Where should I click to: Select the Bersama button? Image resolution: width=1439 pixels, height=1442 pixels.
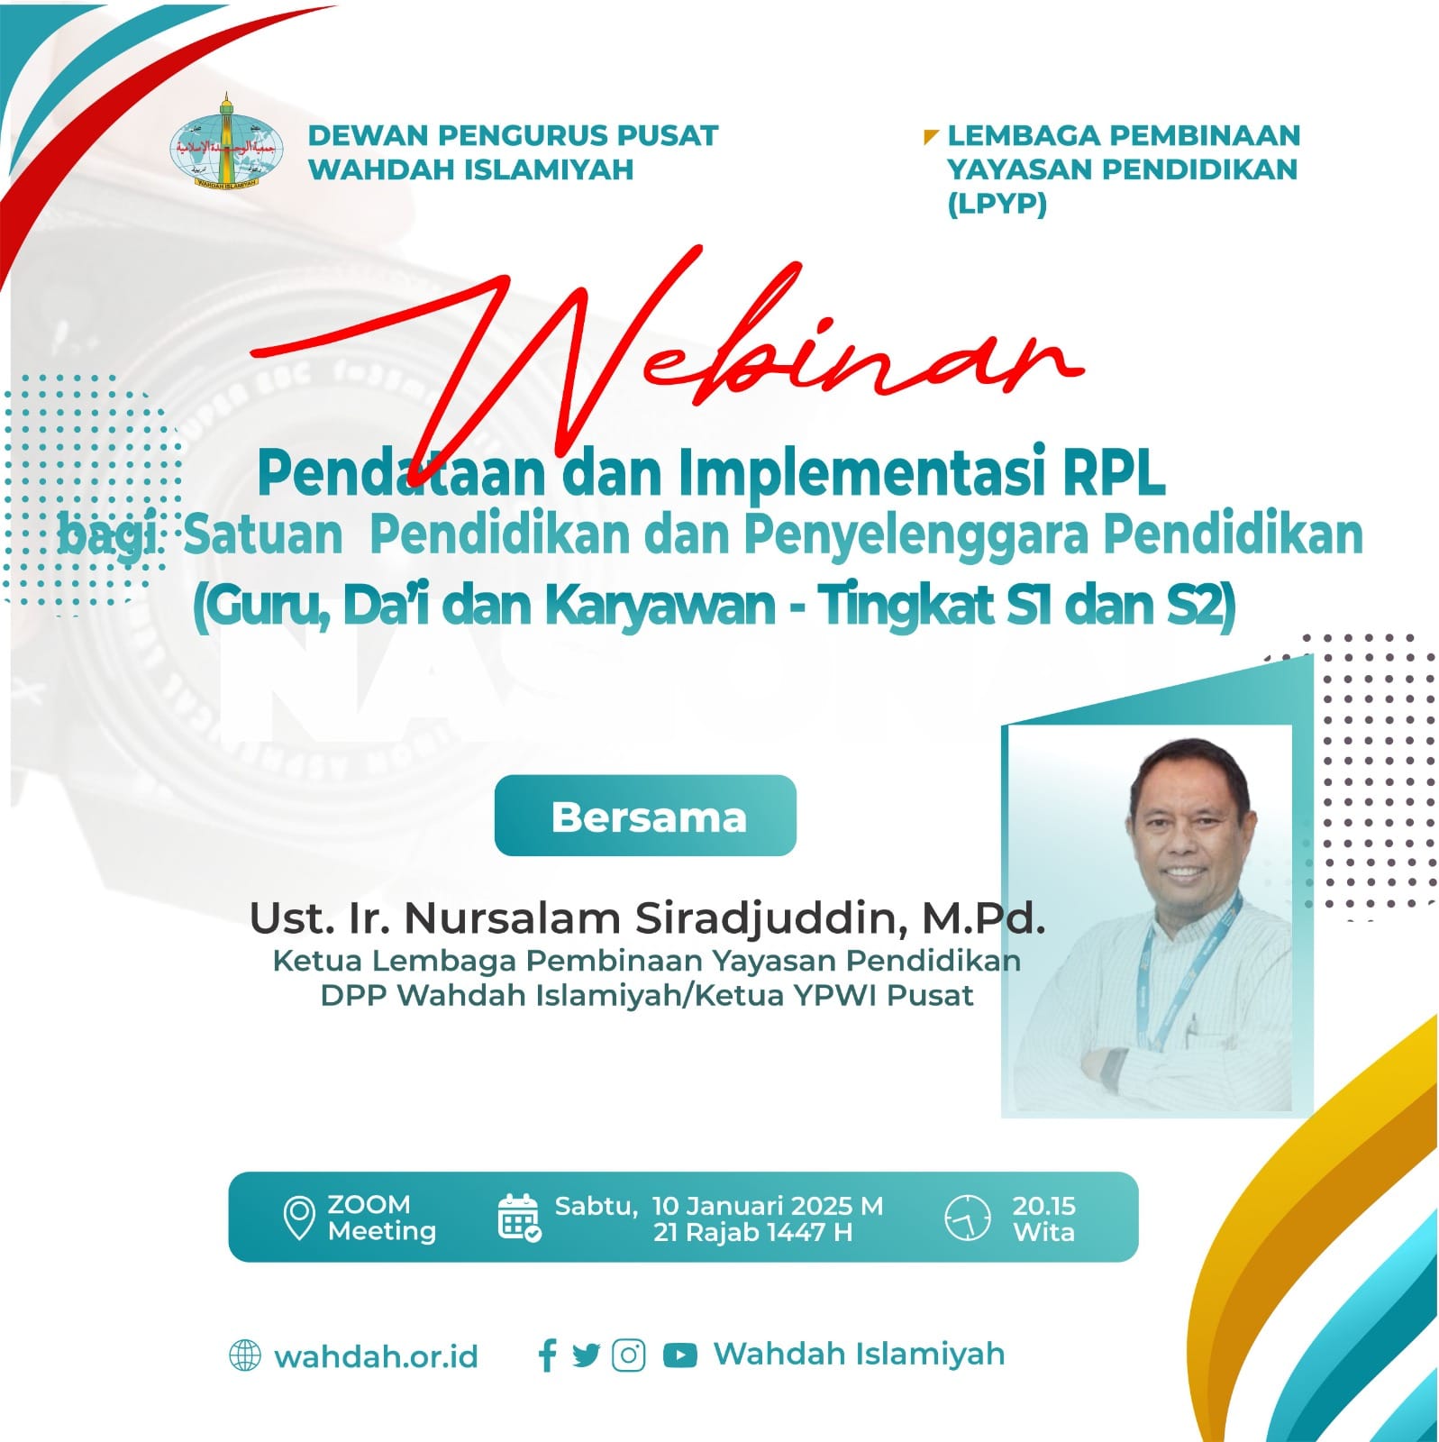(x=645, y=816)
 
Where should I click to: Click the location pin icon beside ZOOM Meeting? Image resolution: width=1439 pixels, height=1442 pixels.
(x=298, y=1218)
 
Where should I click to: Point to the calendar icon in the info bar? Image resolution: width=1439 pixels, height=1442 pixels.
(x=519, y=1218)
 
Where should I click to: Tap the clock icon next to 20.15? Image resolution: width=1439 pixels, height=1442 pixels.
(x=967, y=1218)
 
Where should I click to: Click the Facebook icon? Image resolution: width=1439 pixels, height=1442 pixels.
(x=547, y=1355)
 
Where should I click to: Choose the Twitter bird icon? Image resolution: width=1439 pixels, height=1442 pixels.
(x=586, y=1355)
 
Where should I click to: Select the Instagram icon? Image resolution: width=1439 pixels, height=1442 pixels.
(x=628, y=1355)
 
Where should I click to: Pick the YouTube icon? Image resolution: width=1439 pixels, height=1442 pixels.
(x=679, y=1355)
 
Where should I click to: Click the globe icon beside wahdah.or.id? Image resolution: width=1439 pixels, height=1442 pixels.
(x=245, y=1355)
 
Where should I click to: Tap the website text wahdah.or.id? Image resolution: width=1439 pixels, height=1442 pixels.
(x=376, y=1357)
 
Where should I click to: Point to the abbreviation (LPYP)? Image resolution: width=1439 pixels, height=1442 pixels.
(x=997, y=205)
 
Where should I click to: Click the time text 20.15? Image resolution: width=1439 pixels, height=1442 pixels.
(x=1043, y=1206)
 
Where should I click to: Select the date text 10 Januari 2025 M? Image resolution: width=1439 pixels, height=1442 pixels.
(x=767, y=1206)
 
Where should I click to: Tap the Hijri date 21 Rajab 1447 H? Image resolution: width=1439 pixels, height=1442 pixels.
(x=752, y=1232)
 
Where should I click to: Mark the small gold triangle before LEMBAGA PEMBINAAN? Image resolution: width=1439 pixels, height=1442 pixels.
(x=930, y=138)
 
